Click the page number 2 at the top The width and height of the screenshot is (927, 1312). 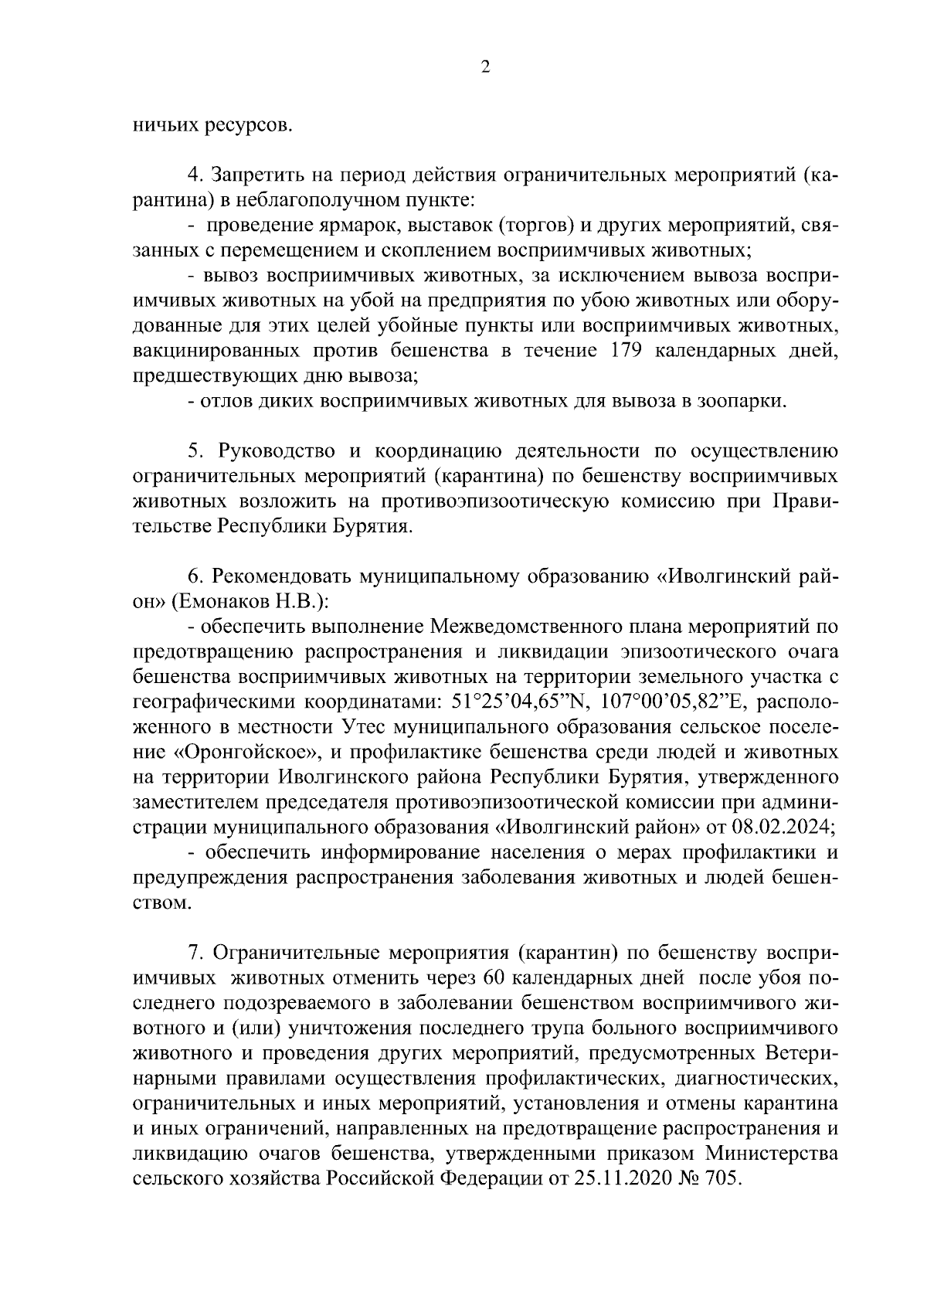pyautogui.click(x=484, y=67)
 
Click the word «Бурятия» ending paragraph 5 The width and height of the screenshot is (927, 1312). pyautogui.click(x=372, y=527)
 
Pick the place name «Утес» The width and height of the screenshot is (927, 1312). pyautogui.click(x=368, y=728)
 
